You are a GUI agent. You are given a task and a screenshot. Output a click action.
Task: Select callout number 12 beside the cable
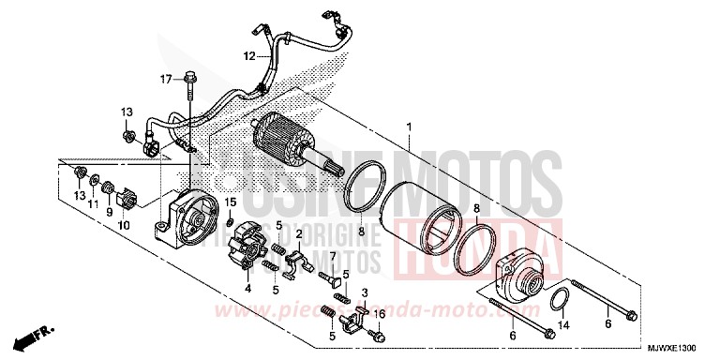coord(249,56)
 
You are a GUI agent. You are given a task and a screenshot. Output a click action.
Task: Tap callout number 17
coord(166,80)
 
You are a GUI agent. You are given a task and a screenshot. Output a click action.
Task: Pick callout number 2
coord(298,233)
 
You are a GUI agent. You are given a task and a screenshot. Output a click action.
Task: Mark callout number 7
coord(332,255)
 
